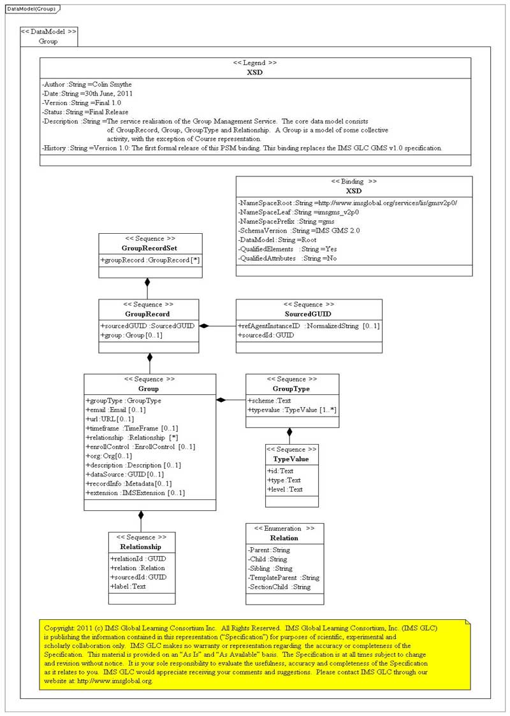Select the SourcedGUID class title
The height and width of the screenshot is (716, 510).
click(x=309, y=313)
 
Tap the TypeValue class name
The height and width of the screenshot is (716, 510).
click(x=291, y=459)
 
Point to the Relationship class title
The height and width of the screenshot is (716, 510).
click(x=141, y=547)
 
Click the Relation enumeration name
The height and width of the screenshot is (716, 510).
click(x=284, y=538)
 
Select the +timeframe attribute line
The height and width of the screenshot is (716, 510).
click(x=131, y=429)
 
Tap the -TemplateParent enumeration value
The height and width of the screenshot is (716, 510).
click(x=284, y=577)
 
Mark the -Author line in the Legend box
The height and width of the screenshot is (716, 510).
click(x=87, y=84)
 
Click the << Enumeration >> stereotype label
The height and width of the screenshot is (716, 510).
click(x=284, y=529)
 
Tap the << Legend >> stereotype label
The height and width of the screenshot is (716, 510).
click(x=255, y=64)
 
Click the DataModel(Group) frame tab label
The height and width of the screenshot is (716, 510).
click(x=31, y=9)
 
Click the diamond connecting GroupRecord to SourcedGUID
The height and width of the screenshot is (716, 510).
click(x=204, y=326)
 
